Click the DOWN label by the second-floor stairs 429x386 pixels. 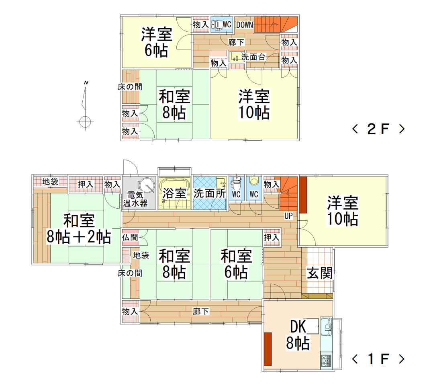click(x=245, y=25)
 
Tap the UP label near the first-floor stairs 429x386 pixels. click(x=289, y=216)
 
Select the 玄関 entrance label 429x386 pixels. click(x=320, y=273)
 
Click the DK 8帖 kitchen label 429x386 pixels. click(x=298, y=335)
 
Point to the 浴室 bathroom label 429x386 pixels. click(x=174, y=193)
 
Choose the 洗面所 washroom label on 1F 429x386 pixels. click(x=210, y=193)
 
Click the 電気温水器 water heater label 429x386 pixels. click(x=135, y=199)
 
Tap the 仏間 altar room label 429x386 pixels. click(x=130, y=237)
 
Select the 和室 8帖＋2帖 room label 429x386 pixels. click(x=79, y=229)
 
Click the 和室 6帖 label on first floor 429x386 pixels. click(x=236, y=264)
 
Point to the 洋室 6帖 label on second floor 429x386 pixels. click(x=157, y=42)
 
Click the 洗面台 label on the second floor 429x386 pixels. click(x=253, y=57)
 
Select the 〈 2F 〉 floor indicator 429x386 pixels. click(x=378, y=129)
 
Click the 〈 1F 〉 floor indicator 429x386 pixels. click(x=378, y=359)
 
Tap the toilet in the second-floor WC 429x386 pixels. click(x=218, y=25)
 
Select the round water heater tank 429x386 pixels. click(x=147, y=185)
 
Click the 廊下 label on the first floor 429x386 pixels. click(x=201, y=312)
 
